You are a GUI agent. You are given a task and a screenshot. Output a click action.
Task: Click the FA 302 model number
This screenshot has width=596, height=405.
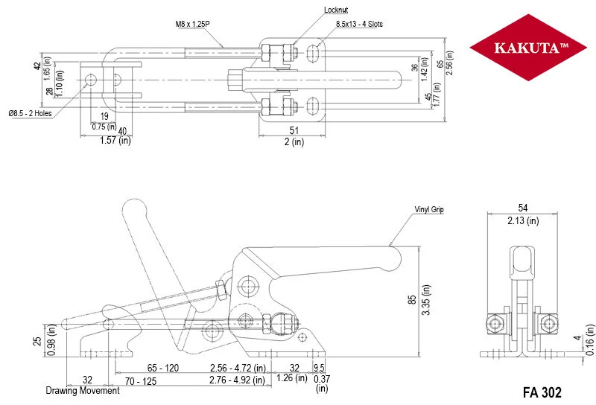click(x=541, y=392)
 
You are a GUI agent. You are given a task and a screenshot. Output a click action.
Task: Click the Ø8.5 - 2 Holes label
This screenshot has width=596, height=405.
click(x=29, y=114)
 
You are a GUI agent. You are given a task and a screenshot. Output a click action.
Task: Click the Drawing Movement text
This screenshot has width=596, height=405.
click(x=82, y=391)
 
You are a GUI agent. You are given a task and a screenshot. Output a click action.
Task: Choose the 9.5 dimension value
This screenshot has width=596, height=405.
click(x=320, y=368)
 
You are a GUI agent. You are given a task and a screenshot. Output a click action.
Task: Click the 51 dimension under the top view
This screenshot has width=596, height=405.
click(x=294, y=130)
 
